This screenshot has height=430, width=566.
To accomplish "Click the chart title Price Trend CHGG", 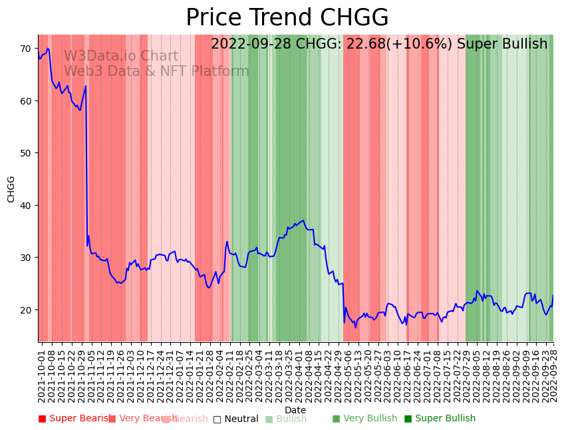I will pos(287,18).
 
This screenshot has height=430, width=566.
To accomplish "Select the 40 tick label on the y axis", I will pos(25,205).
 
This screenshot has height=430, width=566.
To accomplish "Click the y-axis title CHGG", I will pos(11,189).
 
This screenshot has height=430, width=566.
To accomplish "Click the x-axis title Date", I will pos(295,410).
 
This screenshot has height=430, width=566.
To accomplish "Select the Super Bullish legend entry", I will pos(440,419).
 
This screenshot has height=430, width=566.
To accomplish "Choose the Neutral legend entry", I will pos(235,419).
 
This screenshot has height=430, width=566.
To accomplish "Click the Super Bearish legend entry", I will pos(74,419).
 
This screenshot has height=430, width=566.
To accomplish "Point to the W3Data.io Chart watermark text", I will pos(121,57).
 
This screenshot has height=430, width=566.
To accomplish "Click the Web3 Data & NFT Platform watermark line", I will pos(156,71).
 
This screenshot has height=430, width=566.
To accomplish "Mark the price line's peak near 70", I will pos(47,49).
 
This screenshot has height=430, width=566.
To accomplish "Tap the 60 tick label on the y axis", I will pos(25,101).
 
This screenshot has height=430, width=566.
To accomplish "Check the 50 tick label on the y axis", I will pos(25,153).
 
